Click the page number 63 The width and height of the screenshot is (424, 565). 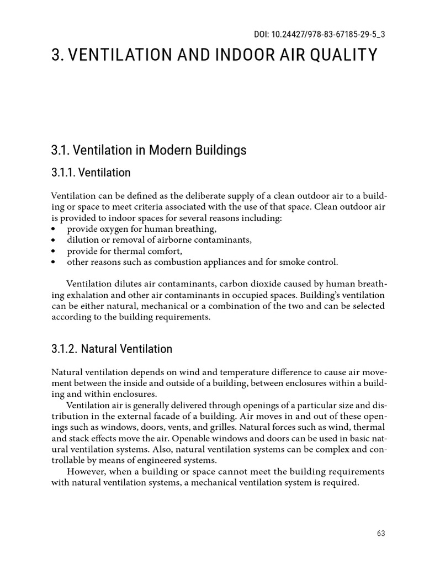coord(381,533)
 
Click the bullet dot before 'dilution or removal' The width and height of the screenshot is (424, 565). coord(54,240)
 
